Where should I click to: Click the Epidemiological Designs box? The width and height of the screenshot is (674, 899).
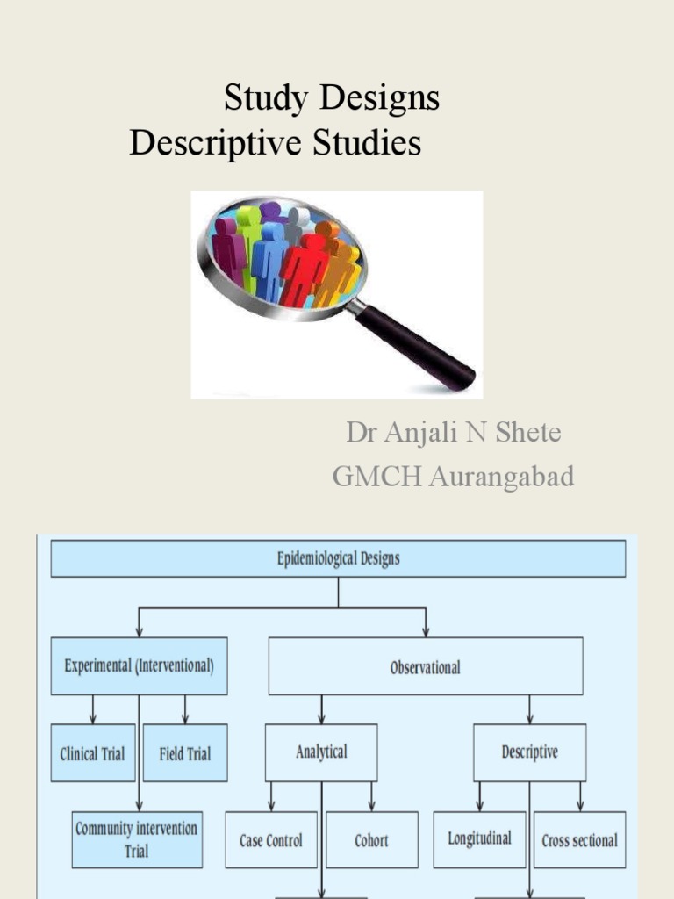(x=338, y=558)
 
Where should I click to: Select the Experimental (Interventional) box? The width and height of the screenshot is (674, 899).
(x=139, y=665)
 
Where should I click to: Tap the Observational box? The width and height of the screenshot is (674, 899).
(x=425, y=666)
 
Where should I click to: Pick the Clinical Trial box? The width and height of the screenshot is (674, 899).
(x=92, y=752)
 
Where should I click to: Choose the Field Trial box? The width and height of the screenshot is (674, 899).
(x=185, y=752)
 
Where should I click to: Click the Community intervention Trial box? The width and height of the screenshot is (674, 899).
(x=137, y=839)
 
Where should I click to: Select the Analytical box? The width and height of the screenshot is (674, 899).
(x=321, y=752)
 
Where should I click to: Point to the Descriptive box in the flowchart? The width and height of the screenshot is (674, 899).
(x=529, y=752)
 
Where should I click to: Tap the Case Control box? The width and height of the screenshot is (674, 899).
(x=270, y=839)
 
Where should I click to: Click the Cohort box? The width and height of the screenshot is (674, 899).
(x=371, y=839)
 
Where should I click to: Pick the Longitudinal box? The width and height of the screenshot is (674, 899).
(x=479, y=838)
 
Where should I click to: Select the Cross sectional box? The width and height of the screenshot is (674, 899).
(x=579, y=839)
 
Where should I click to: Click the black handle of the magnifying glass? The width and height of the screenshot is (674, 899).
(x=416, y=346)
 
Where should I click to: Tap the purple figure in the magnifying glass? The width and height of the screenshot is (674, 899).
(x=227, y=250)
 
